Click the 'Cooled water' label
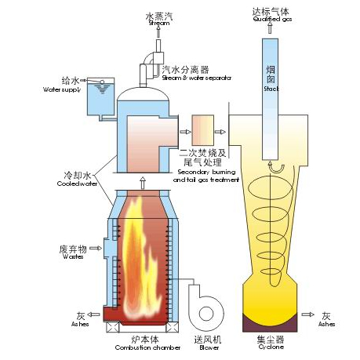click(78, 184)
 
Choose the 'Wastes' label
click(69, 256)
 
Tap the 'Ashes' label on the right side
click(327, 323)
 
